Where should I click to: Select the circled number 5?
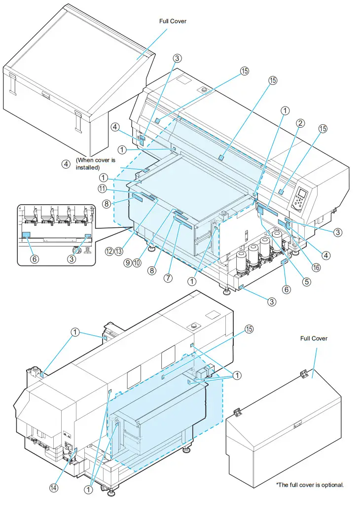click(x=307, y=282)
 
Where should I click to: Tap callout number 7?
click(x=169, y=278)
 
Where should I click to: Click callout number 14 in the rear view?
click(x=53, y=488)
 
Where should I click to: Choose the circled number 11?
click(x=102, y=188)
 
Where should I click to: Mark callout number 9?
click(x=127, y=263)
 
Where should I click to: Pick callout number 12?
click(x=108, y=251)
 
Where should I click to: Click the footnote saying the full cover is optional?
click(x=310, y=485)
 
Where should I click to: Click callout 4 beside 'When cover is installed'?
click(x=66, y=164)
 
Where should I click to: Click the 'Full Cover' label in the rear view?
click(x=314, y=338)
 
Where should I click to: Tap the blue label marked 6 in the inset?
click(x=26, y=235)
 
